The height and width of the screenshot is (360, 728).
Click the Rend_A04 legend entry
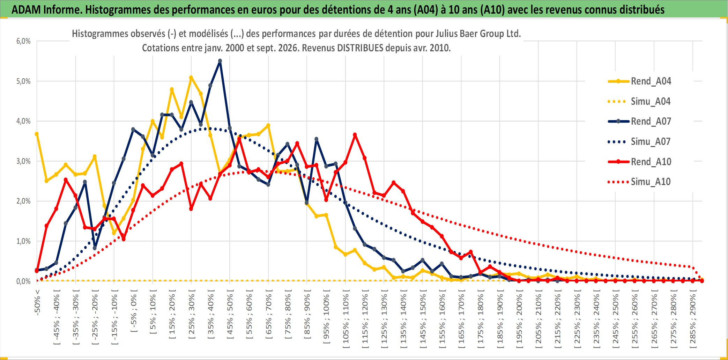coord(639,81)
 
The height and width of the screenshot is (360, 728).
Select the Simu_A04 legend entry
coord(639,102)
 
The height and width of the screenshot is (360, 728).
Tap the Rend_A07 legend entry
coord(639,122)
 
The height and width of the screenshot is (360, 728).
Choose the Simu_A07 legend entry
coord(639,142)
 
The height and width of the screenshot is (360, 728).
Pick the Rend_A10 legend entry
coord(639,162)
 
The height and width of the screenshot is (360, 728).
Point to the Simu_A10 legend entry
coord(639,182)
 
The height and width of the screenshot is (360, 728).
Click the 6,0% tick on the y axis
coord(23,41)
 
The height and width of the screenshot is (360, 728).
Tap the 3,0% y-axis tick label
coord(23,161)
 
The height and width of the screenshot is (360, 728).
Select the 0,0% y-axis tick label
coord(23,281)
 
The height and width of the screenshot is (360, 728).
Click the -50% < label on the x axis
coord(37,302)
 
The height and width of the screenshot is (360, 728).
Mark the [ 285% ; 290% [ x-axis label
coord(692,319)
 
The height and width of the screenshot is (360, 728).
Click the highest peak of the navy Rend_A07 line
coord(220,61)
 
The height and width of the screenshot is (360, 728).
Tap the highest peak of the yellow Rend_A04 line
coord(191,78)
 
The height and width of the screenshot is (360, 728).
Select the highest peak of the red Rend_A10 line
coord(355,135)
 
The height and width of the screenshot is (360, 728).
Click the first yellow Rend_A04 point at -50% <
coord(37,134)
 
